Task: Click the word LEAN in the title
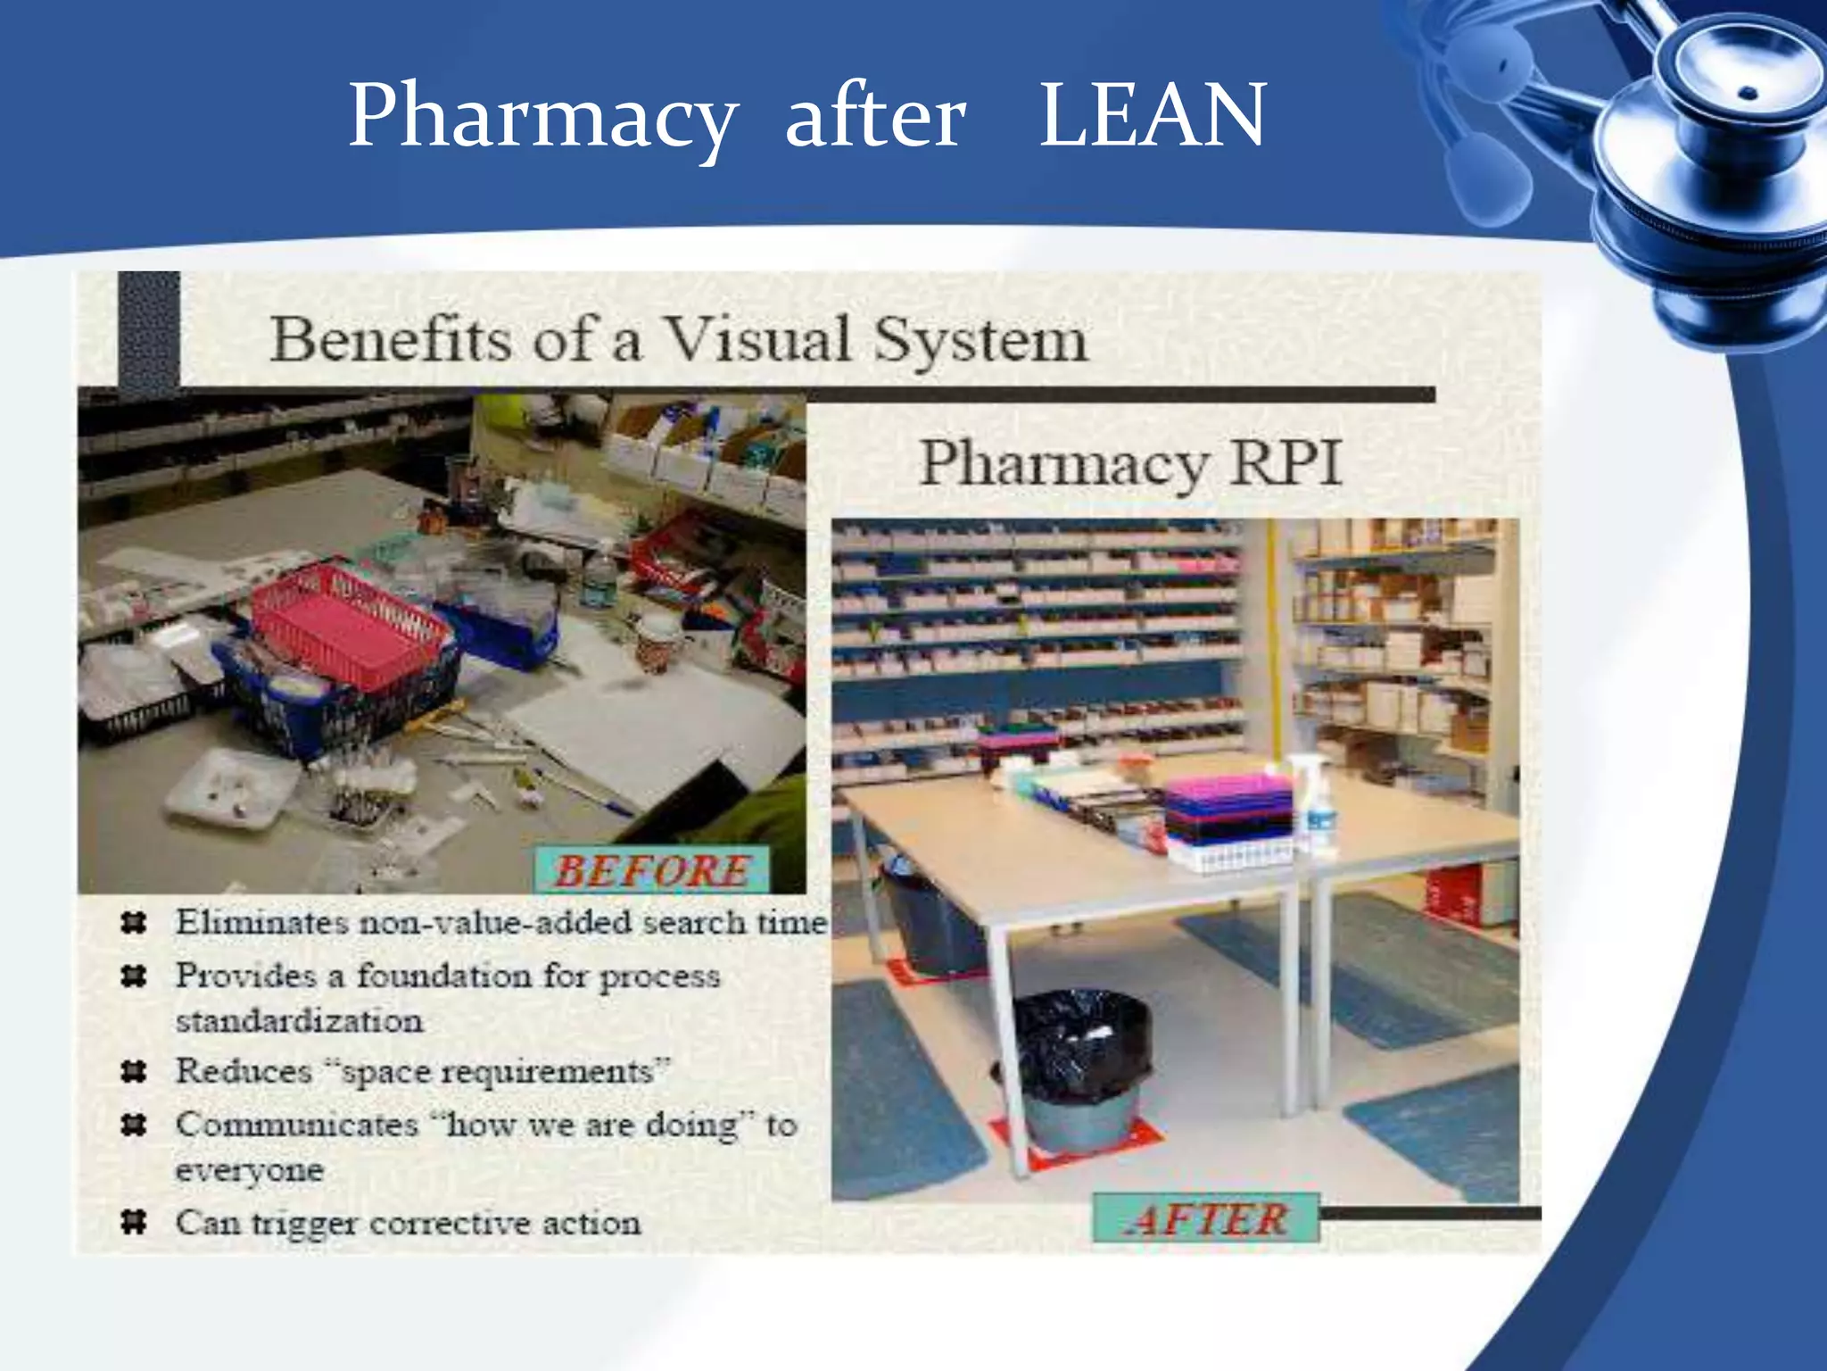pyautogui.click(x=1153, y=116)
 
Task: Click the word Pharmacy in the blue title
pyautogui.click(x=542, y=116)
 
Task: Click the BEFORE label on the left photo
pyautogui.click(x=652, y=870)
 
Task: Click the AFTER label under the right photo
pyautogui.click(x=1206, y=1218)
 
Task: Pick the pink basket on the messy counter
pyautogui.click(x=348, y=625)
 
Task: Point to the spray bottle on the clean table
pyautogui.click(x=1313, y=803)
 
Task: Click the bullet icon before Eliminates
pyautogui.click(x=134, y=922)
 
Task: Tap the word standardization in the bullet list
pyautogui.click(x=299, y=1020)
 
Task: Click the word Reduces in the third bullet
pyautogui.click(x=244, y=1070)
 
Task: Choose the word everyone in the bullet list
pyautogui.click(x=249, y=1169)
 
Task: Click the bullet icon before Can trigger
pyautogui.click(x=134, y=1221)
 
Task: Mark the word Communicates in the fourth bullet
pyautogui.click(x=297, y=1124)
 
